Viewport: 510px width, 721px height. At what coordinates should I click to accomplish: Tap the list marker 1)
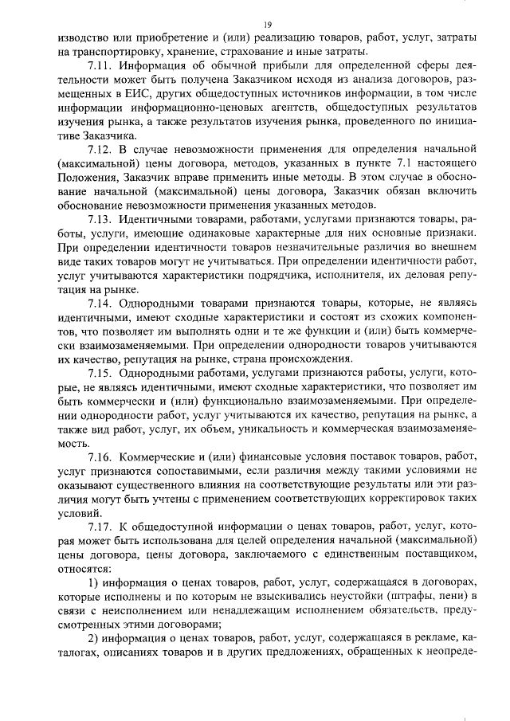(93, 583)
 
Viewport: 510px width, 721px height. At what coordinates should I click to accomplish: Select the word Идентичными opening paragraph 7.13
(155, 219)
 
